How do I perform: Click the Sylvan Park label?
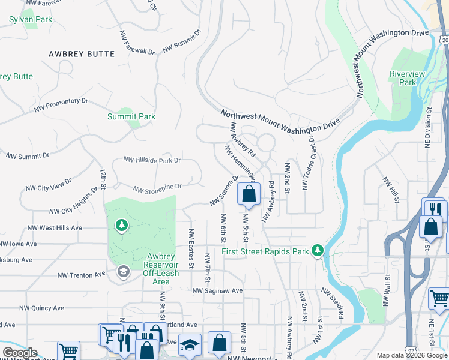tap(31, 19)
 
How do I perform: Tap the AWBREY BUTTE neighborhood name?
tap(82, 54)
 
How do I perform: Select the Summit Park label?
tap(131, 116)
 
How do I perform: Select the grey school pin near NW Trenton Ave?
tap(123, 272)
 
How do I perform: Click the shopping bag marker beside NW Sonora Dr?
tap(249, 194)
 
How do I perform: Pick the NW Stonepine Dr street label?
tap(157, 190)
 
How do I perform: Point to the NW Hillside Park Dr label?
tap(152, 160)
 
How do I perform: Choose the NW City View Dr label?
tap(48, 184)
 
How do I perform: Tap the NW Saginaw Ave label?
tap(217, 290)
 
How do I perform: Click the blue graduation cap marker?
tap(190, 345)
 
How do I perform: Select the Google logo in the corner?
tap(20, 353)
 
